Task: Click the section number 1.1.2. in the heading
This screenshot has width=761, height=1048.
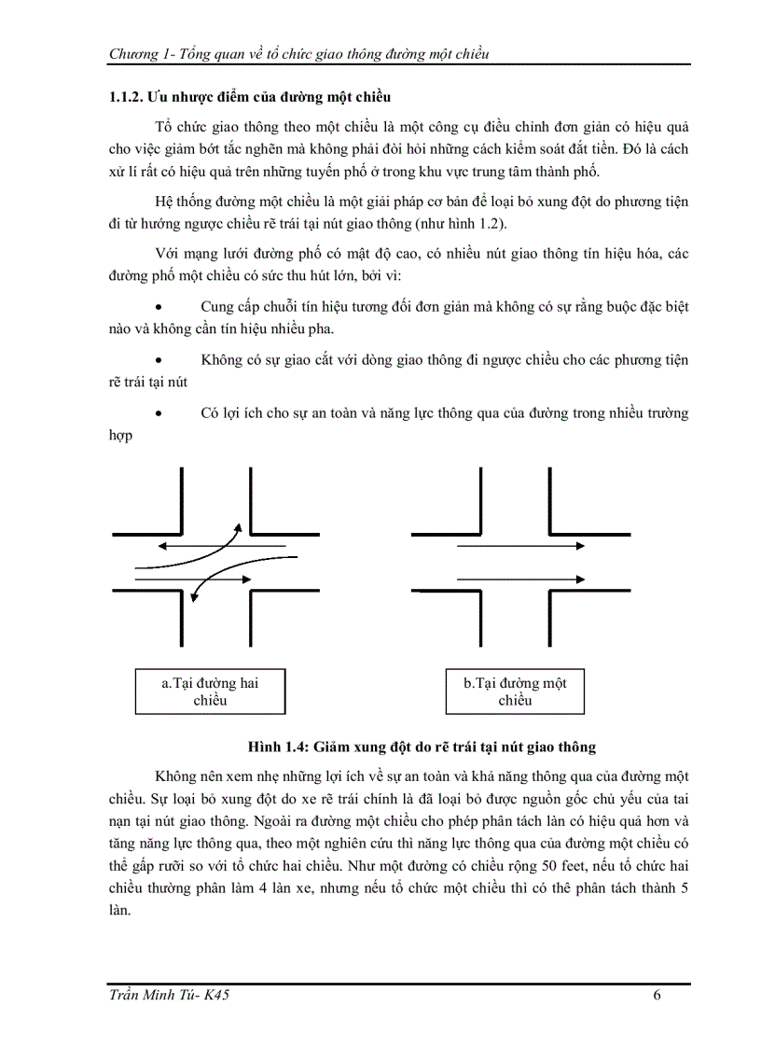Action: [126, 97]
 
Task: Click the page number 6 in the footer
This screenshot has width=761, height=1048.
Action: [658, 995]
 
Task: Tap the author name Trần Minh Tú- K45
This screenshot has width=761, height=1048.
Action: [169, 995]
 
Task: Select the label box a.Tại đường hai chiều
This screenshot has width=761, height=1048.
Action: [210, 692]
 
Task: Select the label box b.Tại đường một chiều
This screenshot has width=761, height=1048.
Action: [515, 692]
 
